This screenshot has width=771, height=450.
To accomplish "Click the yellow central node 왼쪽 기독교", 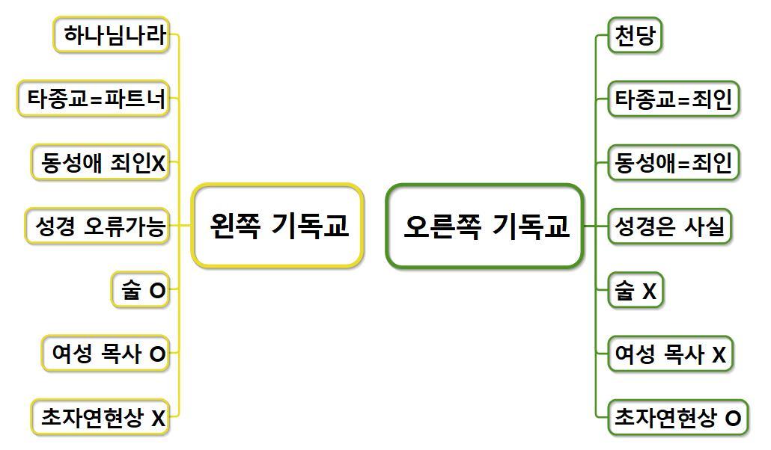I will [278, 225].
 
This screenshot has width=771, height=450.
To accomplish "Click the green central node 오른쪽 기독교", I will [484, 226].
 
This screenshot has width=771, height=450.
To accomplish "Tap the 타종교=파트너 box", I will [94, 99].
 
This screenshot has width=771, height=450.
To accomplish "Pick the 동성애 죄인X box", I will [100, 162].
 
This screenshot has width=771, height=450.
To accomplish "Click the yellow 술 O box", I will [140, 290].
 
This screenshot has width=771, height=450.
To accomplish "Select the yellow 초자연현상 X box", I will [100, 417].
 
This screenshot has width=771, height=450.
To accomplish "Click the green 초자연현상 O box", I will [678, 417].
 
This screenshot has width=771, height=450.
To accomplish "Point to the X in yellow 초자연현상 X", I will [157, 419].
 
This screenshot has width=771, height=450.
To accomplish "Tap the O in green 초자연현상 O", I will [734, 419].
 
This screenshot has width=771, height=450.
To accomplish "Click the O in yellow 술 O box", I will [156, 292].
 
